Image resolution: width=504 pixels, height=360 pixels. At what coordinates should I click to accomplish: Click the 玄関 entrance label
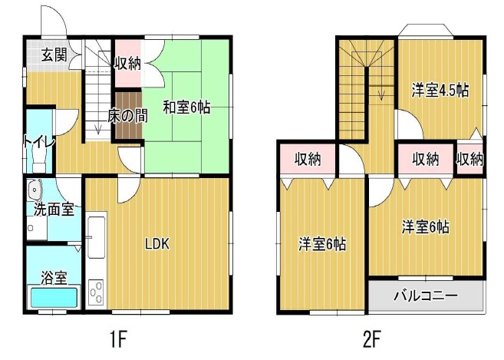(x=52, y=54)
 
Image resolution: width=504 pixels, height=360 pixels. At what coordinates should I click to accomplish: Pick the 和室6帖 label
(x=186, y=108)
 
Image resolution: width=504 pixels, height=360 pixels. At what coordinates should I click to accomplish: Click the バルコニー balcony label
(x=426, y=295)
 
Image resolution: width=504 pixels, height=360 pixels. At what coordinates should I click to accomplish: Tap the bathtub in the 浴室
(x=53, y=298)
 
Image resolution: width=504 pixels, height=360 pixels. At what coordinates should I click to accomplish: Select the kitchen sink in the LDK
(x=97, y=237)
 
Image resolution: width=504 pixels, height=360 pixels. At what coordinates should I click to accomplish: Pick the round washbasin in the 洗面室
(x=35, y=190)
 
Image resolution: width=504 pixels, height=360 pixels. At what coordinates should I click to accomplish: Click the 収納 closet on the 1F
(x=127, y=63)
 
